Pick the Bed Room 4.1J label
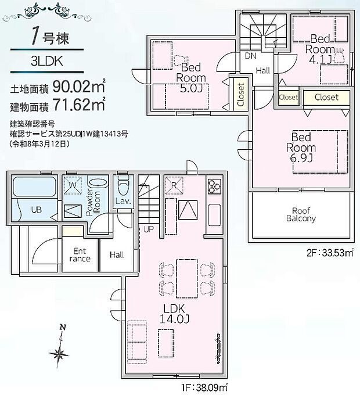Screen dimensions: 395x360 coord(321,49)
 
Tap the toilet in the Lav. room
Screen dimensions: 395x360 coord(123,188)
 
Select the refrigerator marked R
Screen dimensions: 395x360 coord(173,186)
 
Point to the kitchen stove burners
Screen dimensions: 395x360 coord(213,186)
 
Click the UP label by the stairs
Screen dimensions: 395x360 coord(148,229)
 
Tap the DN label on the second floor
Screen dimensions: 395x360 coord(250,56)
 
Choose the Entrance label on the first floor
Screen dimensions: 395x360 coord(81,255)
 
